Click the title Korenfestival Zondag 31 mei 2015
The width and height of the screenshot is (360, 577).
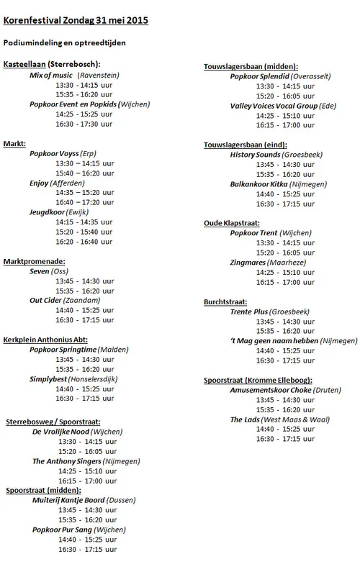pyautogui.click(x=76, y=22)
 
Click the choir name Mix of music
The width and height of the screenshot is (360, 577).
pyautogui.click(x=51, y=74)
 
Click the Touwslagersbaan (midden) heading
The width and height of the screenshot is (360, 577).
pyautogui.click(x=252, y=65)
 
